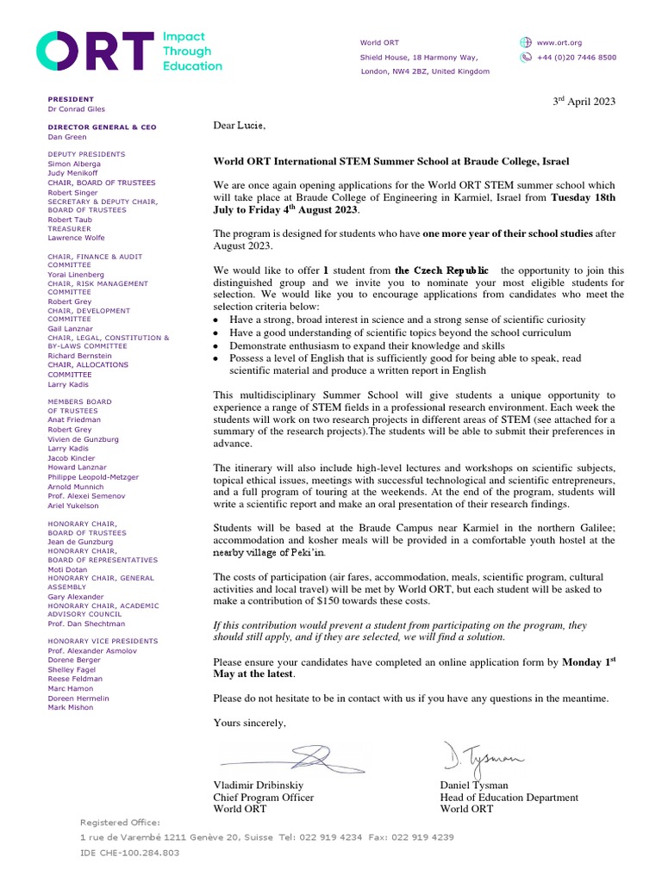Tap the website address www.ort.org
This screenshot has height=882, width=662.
(559, 42)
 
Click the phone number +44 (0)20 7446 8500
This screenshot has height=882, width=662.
(576, 57)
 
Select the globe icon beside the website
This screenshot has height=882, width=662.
(526, 42)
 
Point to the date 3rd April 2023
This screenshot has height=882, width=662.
(584, 102)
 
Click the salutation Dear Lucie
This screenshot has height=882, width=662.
(240, 127)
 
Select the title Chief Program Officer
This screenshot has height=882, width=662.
(263, 798)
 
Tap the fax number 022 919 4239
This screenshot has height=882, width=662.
(419, 837)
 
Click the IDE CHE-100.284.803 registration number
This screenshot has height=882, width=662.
(129, 852)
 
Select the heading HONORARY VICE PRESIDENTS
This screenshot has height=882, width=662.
(103, 642)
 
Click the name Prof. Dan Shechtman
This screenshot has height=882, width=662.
(86, 624)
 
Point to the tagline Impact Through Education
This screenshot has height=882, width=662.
(192, 52)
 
